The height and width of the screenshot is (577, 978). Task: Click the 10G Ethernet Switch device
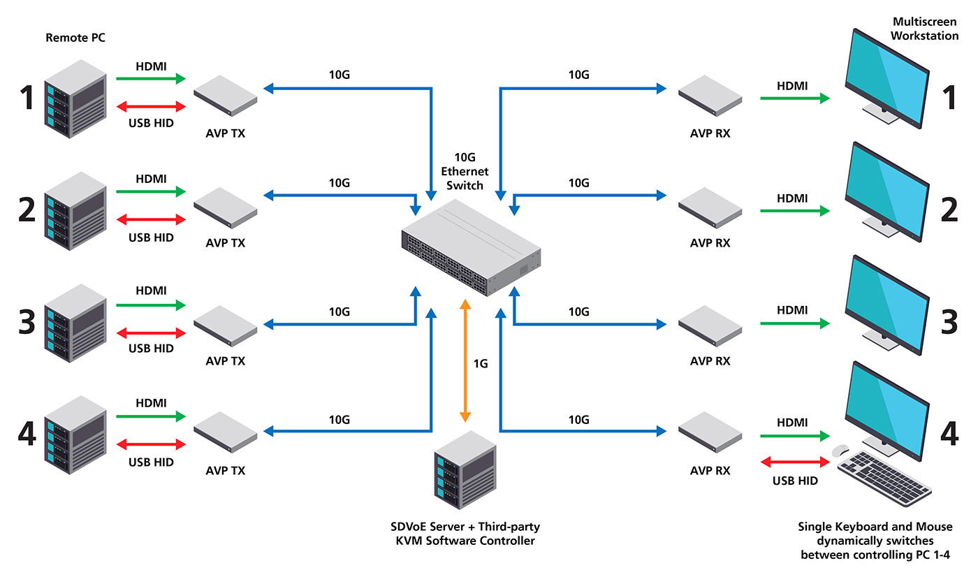coord(471,247)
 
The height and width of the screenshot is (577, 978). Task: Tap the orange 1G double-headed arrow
coord(465,360)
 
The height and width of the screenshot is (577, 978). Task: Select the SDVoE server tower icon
coord(465,470)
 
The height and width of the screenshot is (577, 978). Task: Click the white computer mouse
coord(840,451)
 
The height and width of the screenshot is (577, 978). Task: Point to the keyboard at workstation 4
coord(884,479)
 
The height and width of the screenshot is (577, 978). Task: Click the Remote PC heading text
coord(75,38)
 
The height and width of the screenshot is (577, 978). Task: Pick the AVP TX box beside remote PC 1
coord(225,96)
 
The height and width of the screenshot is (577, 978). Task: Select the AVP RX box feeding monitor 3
coord(710,326)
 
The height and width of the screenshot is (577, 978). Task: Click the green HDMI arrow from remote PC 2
coord(151,191)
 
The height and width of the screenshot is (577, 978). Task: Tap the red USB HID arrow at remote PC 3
coord(151,333)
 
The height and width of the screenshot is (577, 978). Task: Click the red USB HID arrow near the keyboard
coord(795,462)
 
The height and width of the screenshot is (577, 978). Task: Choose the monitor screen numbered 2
coord(887,192)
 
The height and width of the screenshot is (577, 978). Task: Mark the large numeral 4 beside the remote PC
coord(27,434)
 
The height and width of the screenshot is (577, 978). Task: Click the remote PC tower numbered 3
coord(75,323)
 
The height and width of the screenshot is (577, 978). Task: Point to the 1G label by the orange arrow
coord(481,363)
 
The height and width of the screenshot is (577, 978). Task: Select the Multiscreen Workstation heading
coord(924,29)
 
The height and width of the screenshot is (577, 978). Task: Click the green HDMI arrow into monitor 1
coord(795,98)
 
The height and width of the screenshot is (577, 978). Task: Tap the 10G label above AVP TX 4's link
coord(340,420)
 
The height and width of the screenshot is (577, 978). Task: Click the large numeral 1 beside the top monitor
coord(949,97)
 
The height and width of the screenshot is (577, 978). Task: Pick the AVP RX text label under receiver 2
coord(710,243)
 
